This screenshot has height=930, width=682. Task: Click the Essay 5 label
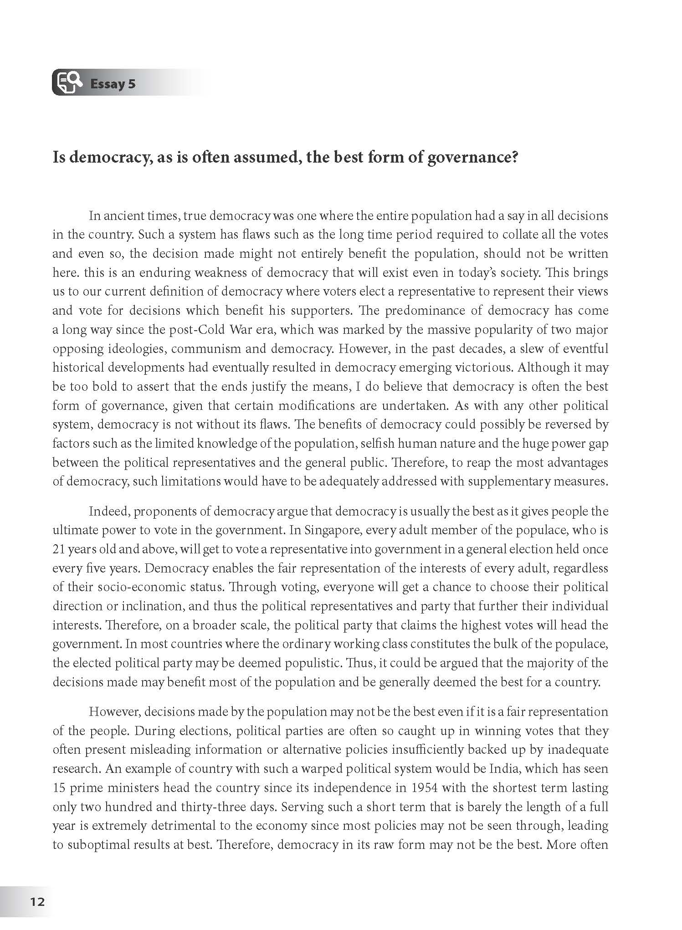(x=113, y=84)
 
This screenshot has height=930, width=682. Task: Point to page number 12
(x=37, y=901)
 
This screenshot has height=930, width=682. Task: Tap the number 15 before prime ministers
(x=60, y=788)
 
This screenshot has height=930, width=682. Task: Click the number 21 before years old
(x=59, y=549)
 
